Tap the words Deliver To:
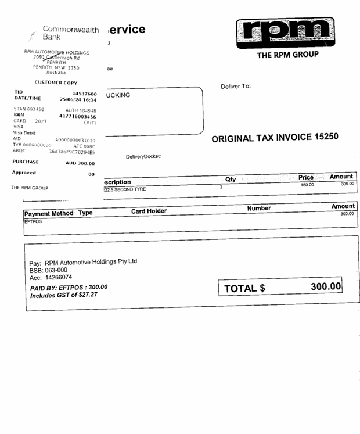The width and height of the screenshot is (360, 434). [x=236, y=87]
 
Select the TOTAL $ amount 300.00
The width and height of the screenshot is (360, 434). [x=326, y=286]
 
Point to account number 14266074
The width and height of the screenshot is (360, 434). [x=59, y=278]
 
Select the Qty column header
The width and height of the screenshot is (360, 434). [x=231, y=180]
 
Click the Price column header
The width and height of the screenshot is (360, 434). [x=306, y=177]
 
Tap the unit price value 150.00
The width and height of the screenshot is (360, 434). [x=307, y=184]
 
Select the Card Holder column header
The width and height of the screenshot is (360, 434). [x=149, y=211]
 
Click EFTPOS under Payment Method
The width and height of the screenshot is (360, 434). [x=33, y=221]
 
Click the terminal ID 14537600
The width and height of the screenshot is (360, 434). [x=84, y=94]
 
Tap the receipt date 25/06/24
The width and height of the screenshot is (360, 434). [x=73, y=100]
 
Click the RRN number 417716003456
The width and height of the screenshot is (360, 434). [x=78, y=117]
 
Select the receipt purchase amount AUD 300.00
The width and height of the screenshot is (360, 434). [x=80, y=163]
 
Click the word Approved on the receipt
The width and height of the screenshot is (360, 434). [x=24, y=173]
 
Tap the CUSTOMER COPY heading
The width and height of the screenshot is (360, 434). [x=56, y=83]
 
